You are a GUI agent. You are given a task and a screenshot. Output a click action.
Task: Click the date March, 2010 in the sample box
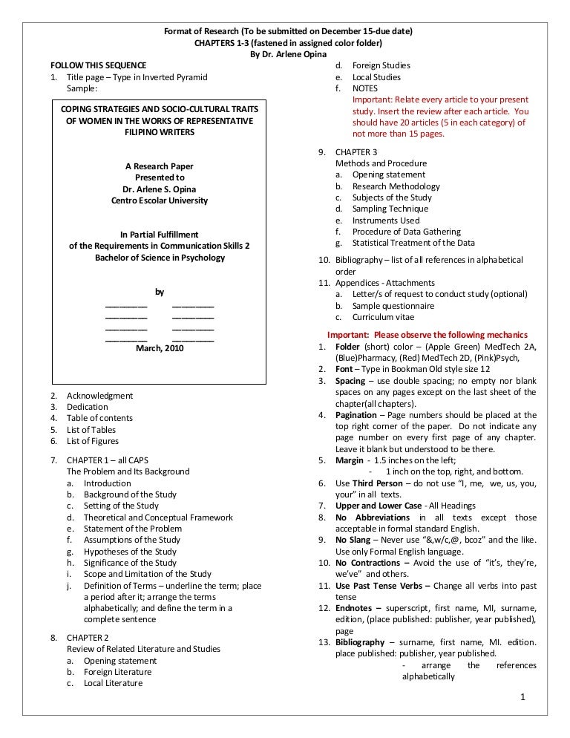point(160,347)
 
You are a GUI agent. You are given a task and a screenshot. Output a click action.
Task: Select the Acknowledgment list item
point(99,396)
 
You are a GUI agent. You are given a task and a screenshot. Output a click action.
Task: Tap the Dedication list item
point(87,407)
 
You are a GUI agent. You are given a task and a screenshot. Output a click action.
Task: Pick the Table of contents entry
point(99,418)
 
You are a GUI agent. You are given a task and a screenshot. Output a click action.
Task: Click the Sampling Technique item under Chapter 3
point(390,209)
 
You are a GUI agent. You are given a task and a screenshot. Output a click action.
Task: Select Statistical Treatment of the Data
point(413,243)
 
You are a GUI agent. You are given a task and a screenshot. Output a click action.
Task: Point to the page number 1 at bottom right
point(523,697)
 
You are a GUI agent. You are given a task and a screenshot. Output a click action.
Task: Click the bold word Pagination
point(356,415)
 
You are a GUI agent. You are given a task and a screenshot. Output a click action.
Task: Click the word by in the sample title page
point(159,292)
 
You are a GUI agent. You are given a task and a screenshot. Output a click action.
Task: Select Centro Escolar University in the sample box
point(160,200)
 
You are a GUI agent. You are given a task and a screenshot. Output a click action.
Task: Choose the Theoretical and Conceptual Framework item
point(158,517)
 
